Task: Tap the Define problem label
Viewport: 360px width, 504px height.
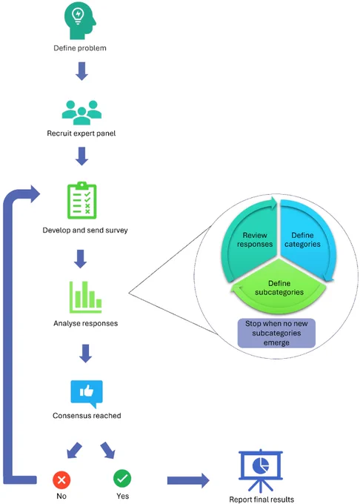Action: click(x=80, y=48)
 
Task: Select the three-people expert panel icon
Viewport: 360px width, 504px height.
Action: click(x=81, y=113)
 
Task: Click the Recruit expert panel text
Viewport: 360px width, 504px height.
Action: click(x=81, y=133)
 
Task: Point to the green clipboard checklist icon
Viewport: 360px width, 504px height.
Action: click(x=82, y=201)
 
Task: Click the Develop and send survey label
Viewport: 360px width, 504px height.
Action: click(x=85, y=231)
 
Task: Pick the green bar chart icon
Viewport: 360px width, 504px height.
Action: click(x=85, y=297)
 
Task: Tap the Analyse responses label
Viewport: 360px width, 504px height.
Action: click(x=85, y=323)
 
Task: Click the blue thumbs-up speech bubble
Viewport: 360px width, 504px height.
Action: click(x=87, y=394)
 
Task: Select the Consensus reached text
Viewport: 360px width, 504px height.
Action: click(x=87, y=416)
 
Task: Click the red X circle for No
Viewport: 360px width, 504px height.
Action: click(x=61, y=480)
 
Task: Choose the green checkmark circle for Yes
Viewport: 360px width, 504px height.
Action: click(x=122, y=478)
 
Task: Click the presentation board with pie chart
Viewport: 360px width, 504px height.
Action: click(x=261, y=471)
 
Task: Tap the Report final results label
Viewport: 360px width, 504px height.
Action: click(x=261, y=500)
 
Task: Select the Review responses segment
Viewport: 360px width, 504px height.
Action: click(x=250, y=239)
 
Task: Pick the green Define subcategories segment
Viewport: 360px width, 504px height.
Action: click(x=279, y=288)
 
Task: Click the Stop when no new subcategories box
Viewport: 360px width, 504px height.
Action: click(x=276, y=333)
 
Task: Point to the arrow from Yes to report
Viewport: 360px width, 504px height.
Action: click(x=188, y=480)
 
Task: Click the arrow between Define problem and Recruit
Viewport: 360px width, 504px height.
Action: click(x=82, y=71)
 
